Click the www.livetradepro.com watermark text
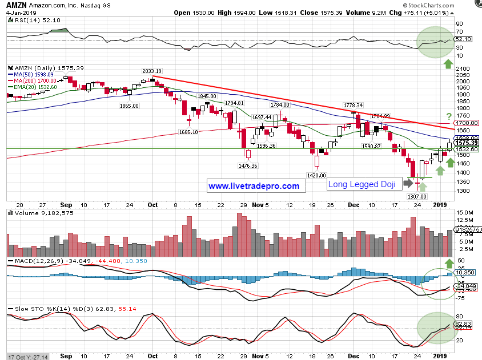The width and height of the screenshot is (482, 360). click(x=254, y=186)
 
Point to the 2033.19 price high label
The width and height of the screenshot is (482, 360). click(x=153, y=71)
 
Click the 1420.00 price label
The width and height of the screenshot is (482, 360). click(x=316, y=176)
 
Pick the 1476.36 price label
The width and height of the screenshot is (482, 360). click(x=248, y=166)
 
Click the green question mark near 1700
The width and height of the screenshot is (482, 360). click(x=449, y=116)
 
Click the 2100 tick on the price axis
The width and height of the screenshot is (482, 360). click(x=463, y=68)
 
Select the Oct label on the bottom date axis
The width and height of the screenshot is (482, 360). click(x=152, y=204)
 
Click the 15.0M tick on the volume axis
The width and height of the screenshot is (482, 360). click(x=464, y=213)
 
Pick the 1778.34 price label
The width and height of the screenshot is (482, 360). click(x=353, y=106)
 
